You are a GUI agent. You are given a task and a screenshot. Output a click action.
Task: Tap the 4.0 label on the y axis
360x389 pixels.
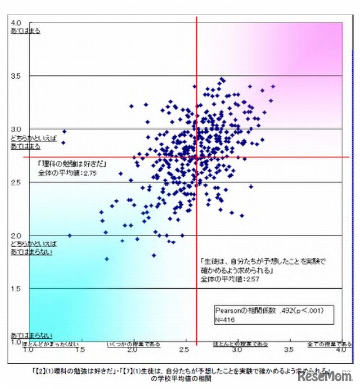pyautogui.click(x=16, y=23)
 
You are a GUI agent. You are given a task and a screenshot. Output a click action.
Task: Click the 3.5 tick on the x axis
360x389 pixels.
pyautogui.click(x=289, y=350)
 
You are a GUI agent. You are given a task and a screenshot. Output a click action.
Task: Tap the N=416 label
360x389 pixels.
pyautogui.click(x=227, y=319)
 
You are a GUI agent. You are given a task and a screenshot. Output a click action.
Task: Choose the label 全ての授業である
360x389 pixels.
pyautogui.click(x=330, y=343)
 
